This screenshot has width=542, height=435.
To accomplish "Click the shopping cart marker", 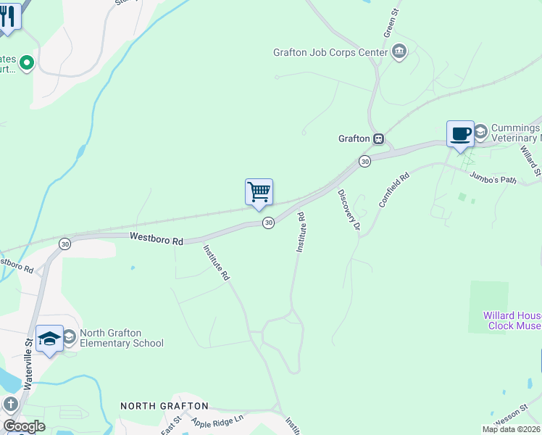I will [259, 193].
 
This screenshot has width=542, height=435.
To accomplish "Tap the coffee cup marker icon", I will [460, 134].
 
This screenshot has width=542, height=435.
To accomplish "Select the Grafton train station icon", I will [378, 138].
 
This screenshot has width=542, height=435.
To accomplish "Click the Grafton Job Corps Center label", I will [330, 52].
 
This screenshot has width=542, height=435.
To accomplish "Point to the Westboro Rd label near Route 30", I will [157, 238].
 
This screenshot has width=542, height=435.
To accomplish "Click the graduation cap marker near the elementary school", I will [50, 339].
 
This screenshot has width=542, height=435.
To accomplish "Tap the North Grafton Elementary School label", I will [122, 339].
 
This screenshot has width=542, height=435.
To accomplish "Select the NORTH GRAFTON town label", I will [164, 406].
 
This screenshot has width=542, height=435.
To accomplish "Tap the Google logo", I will [23, 426].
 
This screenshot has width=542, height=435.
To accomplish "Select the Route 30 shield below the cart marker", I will [268, 223].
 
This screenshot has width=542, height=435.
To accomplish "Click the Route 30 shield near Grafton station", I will [365, 161].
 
